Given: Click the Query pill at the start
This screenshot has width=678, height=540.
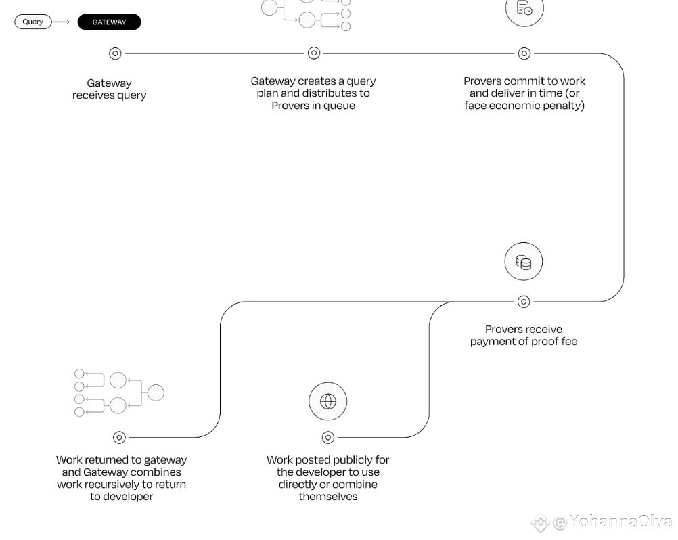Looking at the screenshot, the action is click(x=33, y=22).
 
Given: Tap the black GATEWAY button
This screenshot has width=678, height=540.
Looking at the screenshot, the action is click(x=110, y=22).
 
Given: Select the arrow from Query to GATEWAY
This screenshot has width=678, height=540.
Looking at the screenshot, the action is click(x=61, y=22).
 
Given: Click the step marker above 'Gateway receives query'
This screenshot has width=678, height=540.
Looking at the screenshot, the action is click(x=115, y=53).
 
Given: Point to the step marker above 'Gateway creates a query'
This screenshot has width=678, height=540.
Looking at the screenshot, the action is click(x=314, y=53).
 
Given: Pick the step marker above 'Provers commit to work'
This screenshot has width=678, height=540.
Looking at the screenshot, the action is click(x=524, y=53).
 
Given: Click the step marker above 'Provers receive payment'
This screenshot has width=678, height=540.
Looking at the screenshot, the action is click(x=524, y=302).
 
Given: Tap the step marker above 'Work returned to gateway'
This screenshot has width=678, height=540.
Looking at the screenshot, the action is click(x=119, y=438).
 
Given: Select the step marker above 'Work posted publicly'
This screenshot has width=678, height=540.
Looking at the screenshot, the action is click(x=328, y=438).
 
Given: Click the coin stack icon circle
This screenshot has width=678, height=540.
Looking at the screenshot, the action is click(x=524, y=261).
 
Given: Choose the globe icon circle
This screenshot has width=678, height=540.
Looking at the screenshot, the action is click(x=328, y=401).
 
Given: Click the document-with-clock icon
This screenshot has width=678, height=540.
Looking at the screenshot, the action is click(x=524, y=8).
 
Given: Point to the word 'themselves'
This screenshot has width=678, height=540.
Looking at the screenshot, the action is click(x=328, y=496).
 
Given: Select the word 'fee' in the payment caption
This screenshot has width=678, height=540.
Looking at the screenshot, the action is click(x=569, y=342).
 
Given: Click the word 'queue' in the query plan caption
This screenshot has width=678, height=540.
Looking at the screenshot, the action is click(x=340, y=106).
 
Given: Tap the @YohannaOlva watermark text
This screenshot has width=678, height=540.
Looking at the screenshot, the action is click(x=612, y=522).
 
